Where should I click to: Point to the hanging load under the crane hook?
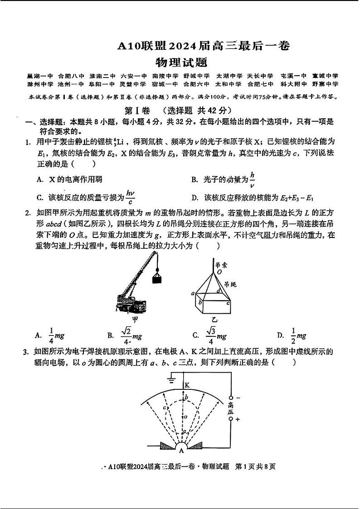pos(158,277)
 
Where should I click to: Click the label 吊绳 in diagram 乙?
pos(231,284)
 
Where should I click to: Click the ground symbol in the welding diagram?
pos(171,379)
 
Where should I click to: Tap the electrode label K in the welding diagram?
pos(187,385)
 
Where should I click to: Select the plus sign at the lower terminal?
pos(238,419)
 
